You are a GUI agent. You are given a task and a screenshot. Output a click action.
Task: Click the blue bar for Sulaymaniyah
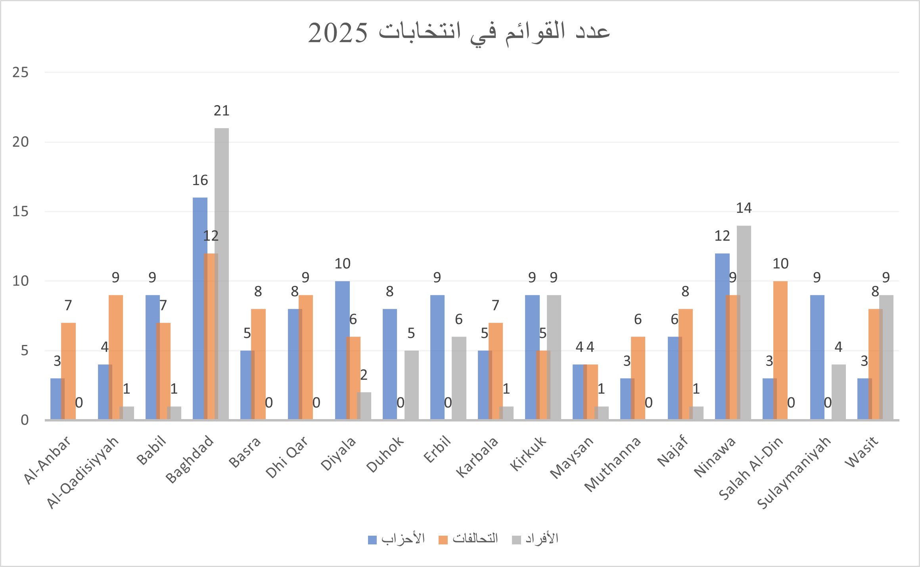coord(817,357)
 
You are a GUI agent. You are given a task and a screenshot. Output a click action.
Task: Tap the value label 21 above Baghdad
coord(221,111)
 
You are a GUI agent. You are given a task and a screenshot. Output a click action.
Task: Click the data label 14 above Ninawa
coord(744,208)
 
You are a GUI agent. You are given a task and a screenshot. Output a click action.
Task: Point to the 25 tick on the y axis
coord(21,73)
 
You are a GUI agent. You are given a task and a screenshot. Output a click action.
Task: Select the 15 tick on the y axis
coord(21,212)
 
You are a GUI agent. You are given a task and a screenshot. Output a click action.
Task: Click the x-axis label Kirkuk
coord(527,454)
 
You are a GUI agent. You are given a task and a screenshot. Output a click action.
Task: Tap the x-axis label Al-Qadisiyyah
coord(82,472)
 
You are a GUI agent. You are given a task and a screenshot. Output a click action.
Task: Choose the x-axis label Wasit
coord(861,452)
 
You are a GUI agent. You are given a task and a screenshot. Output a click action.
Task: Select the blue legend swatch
coord(372,540)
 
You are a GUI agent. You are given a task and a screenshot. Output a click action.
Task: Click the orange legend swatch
coord(443,540)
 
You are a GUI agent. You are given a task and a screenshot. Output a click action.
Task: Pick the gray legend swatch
coord(516,540)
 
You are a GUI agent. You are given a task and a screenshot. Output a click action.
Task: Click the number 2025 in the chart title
coord(338,33)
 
